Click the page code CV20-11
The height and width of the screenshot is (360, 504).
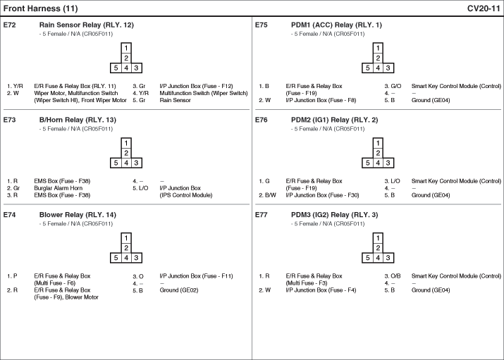484,8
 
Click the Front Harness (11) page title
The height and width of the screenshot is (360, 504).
40,8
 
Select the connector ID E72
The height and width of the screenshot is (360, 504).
9,25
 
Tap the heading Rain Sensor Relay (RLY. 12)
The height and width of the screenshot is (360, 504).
87,25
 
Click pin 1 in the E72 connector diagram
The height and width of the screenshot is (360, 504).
126,48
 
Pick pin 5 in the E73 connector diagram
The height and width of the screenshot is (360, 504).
116,163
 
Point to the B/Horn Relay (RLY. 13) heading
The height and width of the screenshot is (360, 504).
78,120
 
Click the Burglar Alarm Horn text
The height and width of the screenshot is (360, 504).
59,188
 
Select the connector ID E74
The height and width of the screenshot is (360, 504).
9,215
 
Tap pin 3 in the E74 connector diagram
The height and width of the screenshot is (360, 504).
136,258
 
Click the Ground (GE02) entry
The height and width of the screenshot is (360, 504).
179,290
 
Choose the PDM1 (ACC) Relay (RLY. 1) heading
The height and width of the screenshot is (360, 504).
336,25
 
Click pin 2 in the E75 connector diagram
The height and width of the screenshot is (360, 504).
378,58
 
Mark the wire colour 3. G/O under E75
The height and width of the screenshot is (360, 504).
393,86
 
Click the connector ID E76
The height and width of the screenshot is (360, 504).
261,120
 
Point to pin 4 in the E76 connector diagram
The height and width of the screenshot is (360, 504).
378,163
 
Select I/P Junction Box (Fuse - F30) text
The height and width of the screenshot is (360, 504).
322,195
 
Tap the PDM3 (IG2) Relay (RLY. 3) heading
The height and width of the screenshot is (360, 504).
334,215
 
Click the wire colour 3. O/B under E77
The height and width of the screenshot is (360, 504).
393,276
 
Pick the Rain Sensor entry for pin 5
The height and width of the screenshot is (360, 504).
175,100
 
